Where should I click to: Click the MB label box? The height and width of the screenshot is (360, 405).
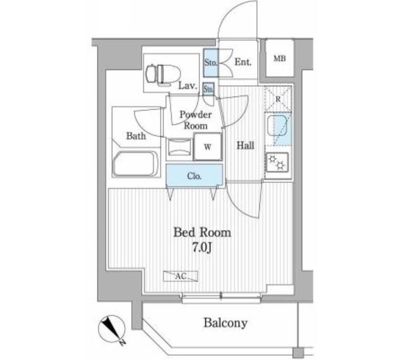[x=279, y=59]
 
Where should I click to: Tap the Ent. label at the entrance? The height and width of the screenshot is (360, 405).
[x=243, y=62]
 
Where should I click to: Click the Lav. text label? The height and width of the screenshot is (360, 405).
[x=186, y=85]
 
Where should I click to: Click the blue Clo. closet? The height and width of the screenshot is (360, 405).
[x=194, y=176]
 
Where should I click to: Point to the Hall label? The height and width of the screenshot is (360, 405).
[x=246, y=146]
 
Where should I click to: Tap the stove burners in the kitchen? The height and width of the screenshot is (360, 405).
[x=277, y=163]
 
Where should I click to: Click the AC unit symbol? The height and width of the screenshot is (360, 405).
[x=180, y=276]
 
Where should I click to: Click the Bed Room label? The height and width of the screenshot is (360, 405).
[x=202, y=233]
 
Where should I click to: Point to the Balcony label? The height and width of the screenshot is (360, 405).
[x=225, y=323]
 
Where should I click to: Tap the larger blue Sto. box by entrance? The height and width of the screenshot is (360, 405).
[x=211, y=62]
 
